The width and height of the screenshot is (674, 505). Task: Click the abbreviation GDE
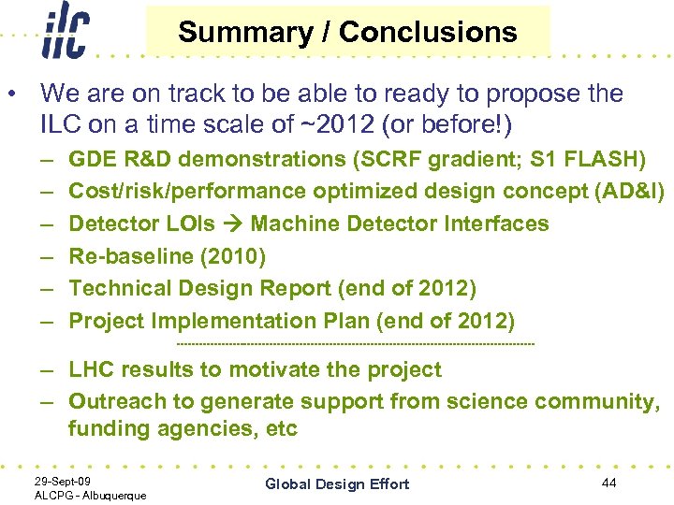(x=92, y=159)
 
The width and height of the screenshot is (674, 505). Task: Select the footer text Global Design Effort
(x=337, y=483)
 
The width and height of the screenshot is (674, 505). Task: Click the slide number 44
(x=608, y=482)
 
